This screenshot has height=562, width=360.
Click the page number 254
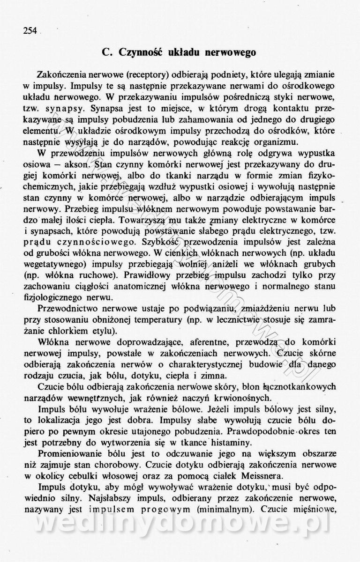[x=30, y=31]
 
